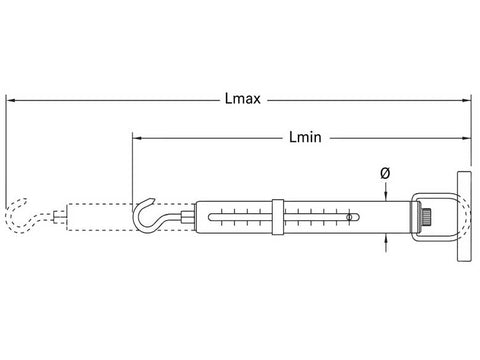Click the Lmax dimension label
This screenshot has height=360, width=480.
243,99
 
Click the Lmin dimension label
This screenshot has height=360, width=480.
305,137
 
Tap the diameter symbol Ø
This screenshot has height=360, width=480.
385,173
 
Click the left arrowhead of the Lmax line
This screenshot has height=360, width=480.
11,100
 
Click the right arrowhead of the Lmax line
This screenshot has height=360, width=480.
466,100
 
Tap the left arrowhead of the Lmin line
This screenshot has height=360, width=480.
137,138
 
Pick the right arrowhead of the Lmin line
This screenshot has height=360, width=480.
466,138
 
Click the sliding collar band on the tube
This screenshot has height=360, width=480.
278,217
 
